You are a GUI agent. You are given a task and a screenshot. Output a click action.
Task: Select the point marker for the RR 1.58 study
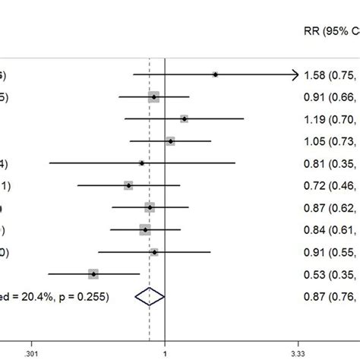click(216, 74)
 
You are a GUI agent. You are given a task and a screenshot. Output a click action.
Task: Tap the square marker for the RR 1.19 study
click(185, 118)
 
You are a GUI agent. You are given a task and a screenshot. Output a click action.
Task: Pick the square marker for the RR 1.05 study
click(170, 141)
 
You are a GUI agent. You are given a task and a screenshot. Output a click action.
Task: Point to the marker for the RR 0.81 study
click(142, 163)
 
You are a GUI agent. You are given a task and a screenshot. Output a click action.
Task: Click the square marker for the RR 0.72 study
click(128, 185)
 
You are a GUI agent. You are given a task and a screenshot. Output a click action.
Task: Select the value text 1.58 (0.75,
click(330, 75)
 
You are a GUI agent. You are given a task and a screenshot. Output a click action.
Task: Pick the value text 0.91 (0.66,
click(330, 97)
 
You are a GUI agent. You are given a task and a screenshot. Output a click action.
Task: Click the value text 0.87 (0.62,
click(330, 207)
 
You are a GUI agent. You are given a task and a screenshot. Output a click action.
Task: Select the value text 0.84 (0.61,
click(330, 229)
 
